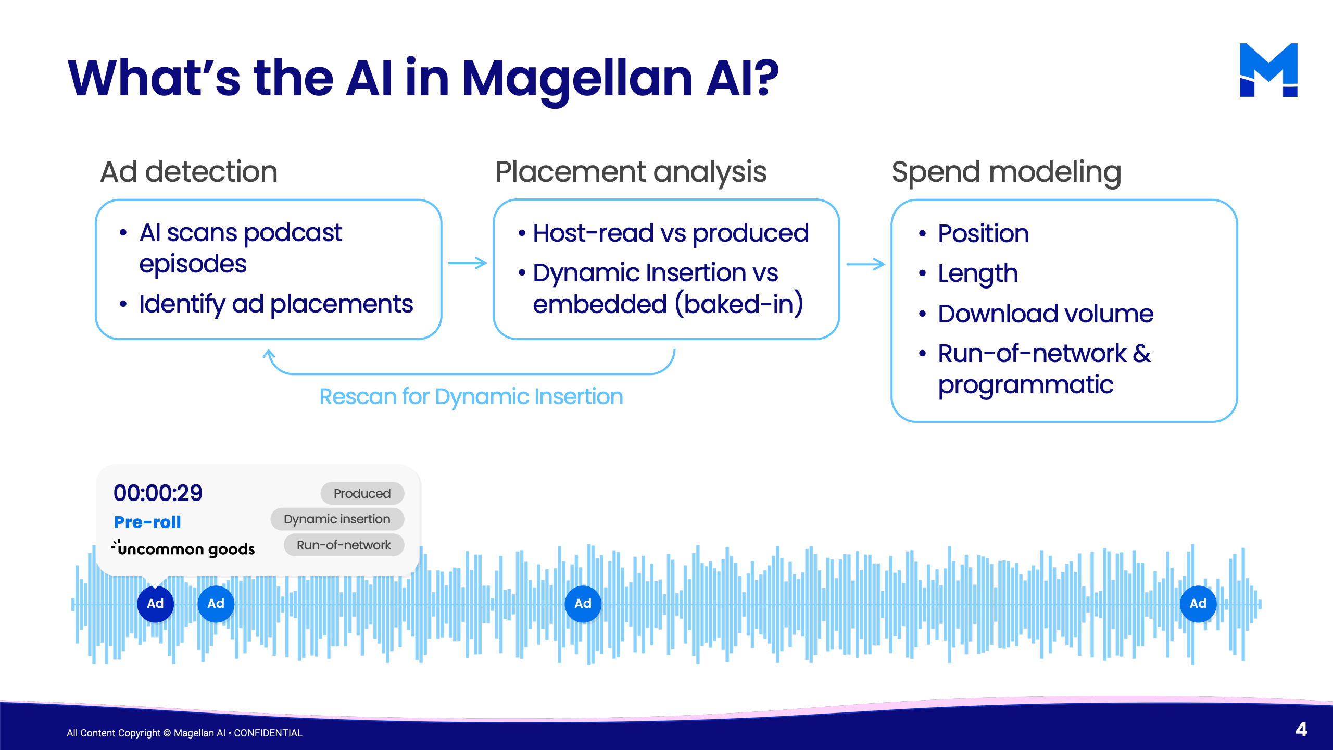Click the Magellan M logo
1268,70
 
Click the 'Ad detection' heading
188,172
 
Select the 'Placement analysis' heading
631,172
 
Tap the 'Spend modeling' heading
1006,172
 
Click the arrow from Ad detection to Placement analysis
467,263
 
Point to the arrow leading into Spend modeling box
865,264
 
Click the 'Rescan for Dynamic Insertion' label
471,396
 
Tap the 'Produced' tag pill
362,493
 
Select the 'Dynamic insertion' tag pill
337,519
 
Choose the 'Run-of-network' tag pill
344,545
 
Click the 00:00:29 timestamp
158,493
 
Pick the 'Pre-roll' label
147,522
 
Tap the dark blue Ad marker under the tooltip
155,604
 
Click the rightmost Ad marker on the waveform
1198,604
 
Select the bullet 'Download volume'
1045,314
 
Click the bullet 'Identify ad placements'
275,304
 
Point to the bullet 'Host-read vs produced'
670,233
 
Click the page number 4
1301,730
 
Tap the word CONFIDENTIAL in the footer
268,733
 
